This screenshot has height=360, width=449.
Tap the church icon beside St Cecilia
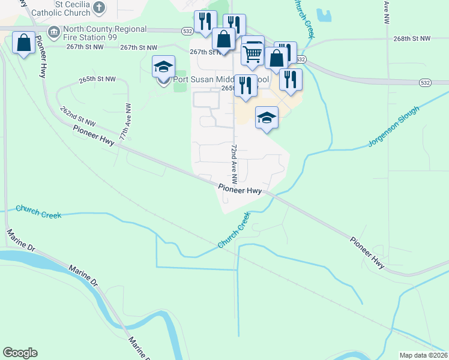100,8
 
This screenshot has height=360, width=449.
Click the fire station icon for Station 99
53,31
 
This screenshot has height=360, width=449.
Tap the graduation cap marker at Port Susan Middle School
163,68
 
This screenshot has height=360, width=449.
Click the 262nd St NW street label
78,115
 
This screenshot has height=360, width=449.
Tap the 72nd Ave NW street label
234,163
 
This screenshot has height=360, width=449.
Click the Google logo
20,353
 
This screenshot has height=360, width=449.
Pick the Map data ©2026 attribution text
423,355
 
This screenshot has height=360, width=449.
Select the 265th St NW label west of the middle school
96,79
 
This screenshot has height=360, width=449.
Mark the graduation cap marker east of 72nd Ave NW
267,118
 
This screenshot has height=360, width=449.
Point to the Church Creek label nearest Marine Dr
38,211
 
